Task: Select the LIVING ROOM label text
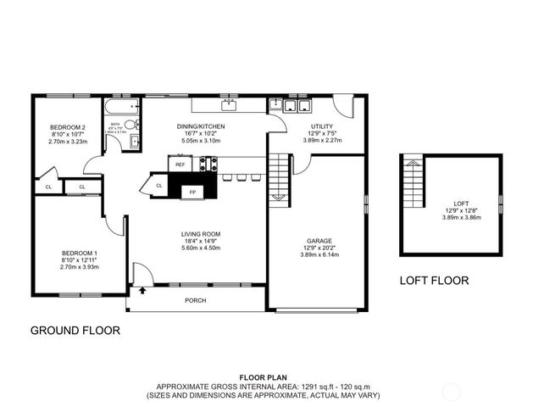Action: click(x=201, y=234)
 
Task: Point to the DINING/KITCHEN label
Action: click(x=200, y=126)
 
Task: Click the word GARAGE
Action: click(x=319, y=241)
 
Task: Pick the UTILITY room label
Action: click(x=322, y=126)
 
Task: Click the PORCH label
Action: click(x=196, y=300)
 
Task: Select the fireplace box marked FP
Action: click(x=192, y=192)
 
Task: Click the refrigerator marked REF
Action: click(x=180, y=164)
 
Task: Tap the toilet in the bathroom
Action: click(x=130, y=125)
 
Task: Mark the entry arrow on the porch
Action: click(x=142, y=291)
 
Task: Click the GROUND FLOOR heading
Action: click(x=75, y=330)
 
